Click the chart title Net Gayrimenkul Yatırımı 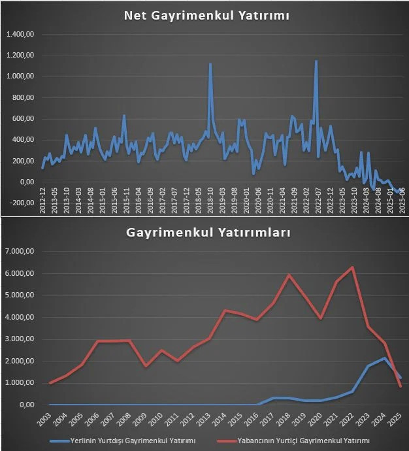point(206,16)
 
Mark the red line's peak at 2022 point(353,267)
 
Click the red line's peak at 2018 point(289,275)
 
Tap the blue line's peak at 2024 point(385,358)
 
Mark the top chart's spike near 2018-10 point(210,64)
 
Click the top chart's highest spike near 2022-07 point(316,61)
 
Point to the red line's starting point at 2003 point(50,383)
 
